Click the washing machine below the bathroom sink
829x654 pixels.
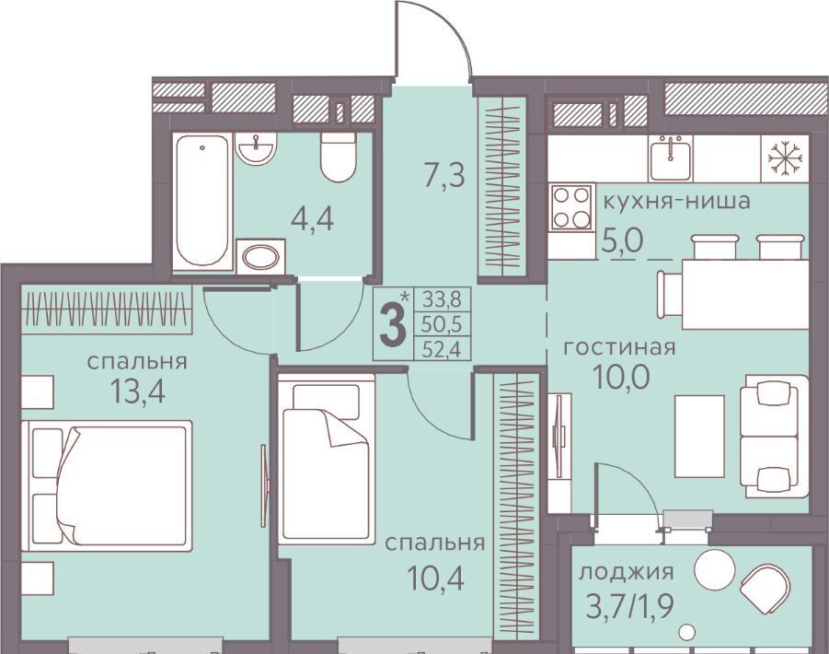pos(260,257)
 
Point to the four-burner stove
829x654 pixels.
pos(571,207)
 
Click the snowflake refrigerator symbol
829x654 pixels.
pos(785,158)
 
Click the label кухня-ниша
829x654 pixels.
pos(677,202)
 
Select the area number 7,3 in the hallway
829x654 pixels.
pos(445,175)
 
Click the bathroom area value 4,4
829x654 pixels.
pos(313,218)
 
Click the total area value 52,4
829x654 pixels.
pos(442,350)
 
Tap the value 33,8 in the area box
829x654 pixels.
pos(442,300)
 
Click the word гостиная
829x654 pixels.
pos(619,348)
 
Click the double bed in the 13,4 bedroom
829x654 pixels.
pos(107,485)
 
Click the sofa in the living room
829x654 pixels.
pos(775,437)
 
